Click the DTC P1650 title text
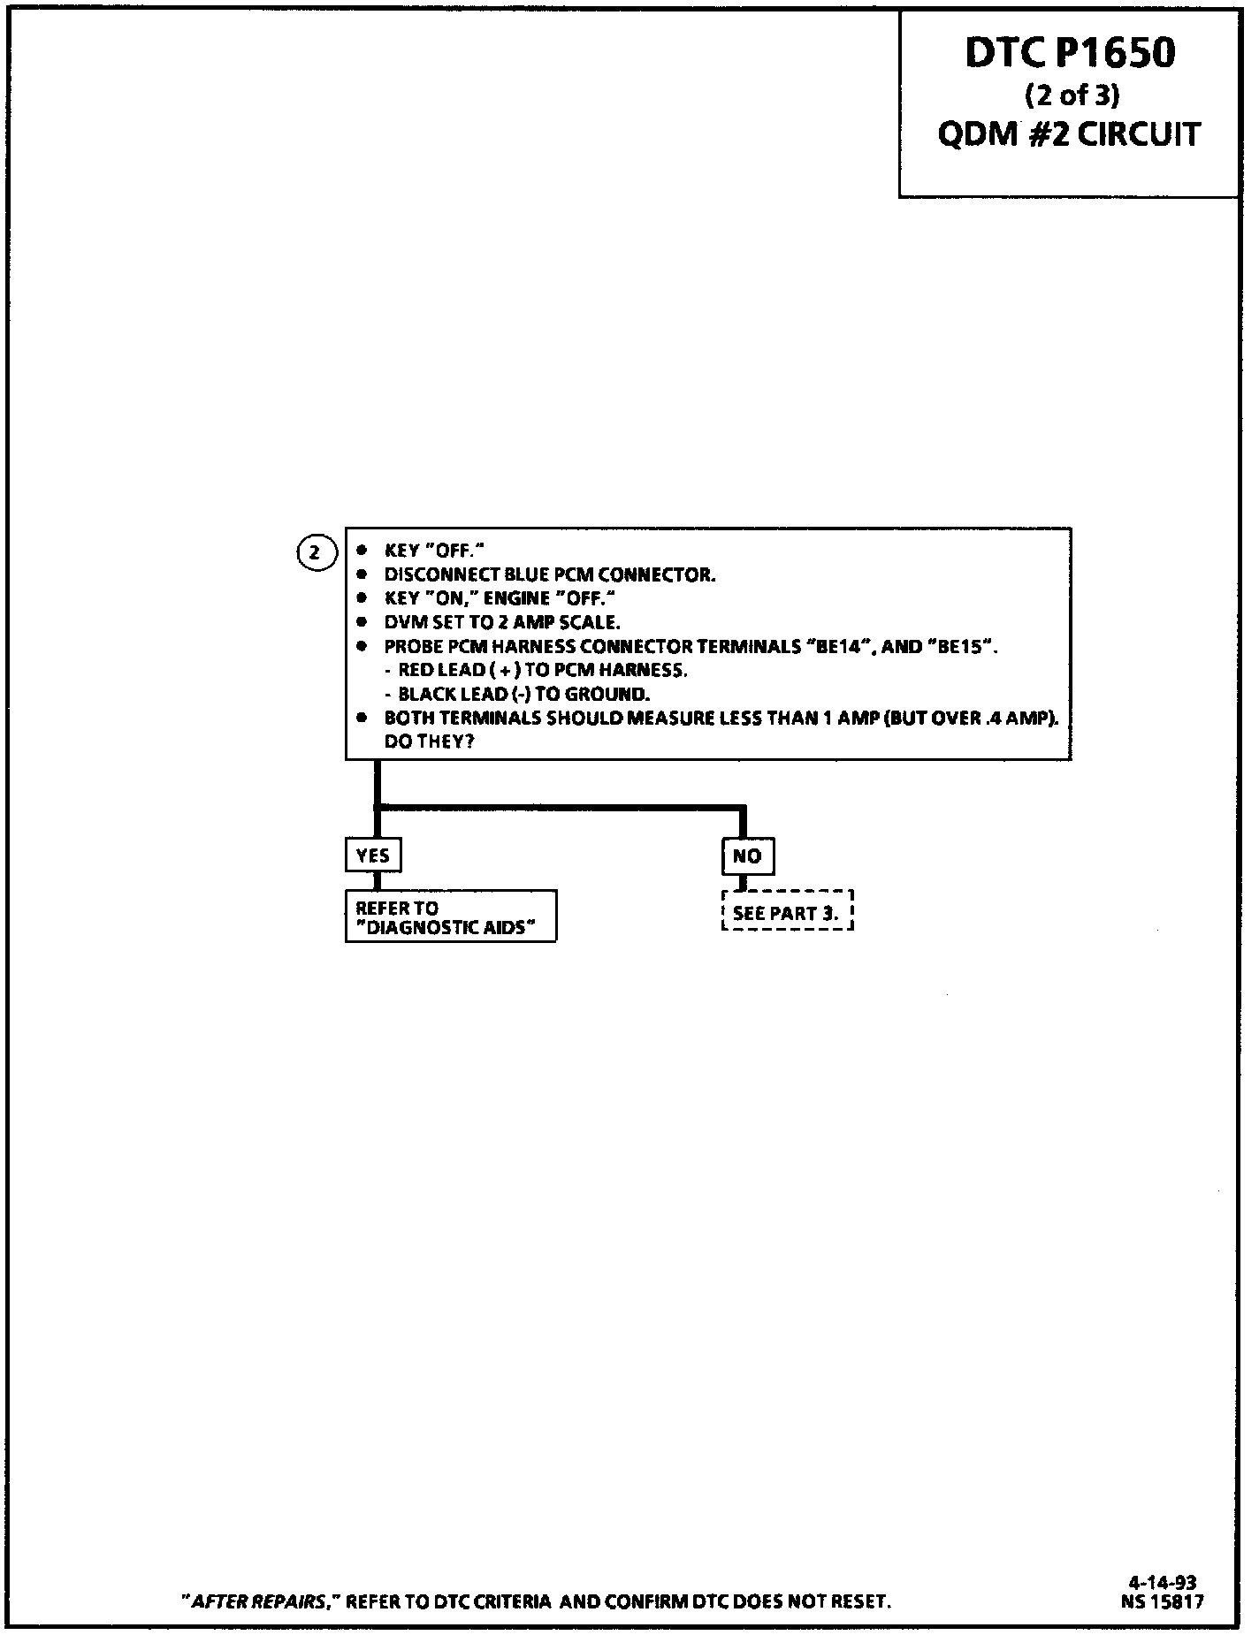pyautogui.click(x=1069, y=53)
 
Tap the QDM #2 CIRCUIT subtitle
pyautogui.click(x=1069, y=134)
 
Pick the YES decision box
pyautogui.click(x=372, y=856)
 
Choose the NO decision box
pyautogui.click(x=747, y=856)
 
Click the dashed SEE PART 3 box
pyautogui.click(x=787, y=912)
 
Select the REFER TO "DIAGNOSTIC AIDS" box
pyautogui.click(x=450, y=917)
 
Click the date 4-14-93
pyautogui.click(x=1163, y=1583)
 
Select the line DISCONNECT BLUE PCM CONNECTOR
pyautogui.click(x=549, y=575)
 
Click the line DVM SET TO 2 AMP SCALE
pyautogui.click(x=501, y=622)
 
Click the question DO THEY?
pyautogui.click(x=429, y=741)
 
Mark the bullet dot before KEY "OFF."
pyautogui.click(x=362, y=551)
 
